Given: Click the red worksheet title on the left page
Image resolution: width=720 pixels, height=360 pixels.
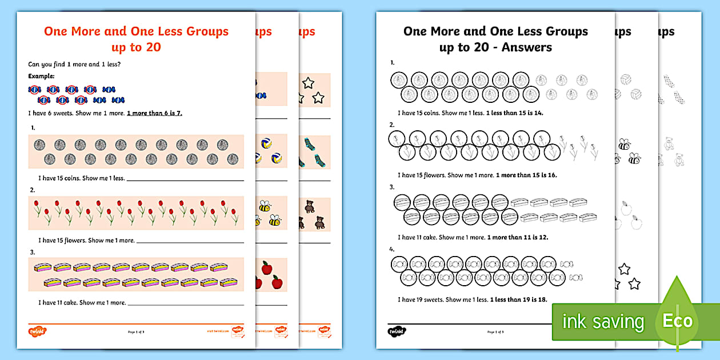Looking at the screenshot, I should (136, 39).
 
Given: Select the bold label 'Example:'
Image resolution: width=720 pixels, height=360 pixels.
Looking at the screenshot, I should (41, 76).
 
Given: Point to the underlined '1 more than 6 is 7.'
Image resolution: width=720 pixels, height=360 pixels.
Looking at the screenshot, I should (154, 113).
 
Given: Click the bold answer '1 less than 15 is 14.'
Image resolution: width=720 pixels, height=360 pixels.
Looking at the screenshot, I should (514, 113).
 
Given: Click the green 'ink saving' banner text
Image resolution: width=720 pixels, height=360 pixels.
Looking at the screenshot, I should (603, 322).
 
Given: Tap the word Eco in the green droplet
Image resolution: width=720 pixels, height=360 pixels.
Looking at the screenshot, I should (677, 321).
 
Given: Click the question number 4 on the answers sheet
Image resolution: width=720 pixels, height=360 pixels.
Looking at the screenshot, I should (392, 249).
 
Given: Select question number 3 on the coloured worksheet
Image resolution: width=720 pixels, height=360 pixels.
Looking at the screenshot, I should (33, 252).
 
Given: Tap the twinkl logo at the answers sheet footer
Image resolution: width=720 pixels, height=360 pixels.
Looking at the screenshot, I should (396, 331).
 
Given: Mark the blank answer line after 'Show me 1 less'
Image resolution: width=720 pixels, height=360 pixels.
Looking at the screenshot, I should (185, 179).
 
